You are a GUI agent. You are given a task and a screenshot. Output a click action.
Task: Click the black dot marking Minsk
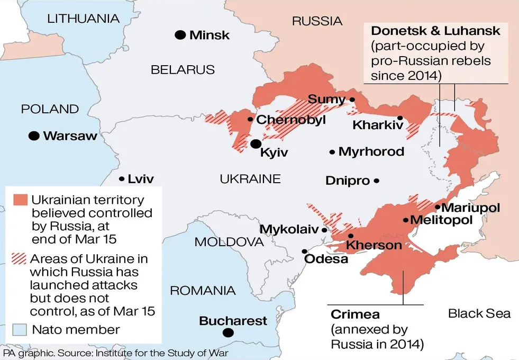pos(180,35)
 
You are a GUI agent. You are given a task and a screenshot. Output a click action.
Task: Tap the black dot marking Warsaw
pos(34,136)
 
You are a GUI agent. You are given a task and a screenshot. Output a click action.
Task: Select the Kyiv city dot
pos(256,143)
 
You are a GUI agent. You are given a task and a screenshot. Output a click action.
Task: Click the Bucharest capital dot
pos(228,332)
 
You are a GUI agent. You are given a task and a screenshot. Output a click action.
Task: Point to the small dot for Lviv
pos(122,179)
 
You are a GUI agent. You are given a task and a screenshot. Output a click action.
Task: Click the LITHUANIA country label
pos(83,19)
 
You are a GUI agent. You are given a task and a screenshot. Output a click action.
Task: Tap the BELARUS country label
pos(183,69)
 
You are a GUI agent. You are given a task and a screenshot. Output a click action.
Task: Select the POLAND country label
pos(50,109)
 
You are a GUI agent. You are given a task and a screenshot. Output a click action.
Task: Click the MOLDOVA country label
pos(229,242)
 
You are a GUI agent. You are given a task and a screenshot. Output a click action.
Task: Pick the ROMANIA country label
pos(203,290)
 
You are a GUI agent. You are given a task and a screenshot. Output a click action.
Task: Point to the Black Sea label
pos(479,313)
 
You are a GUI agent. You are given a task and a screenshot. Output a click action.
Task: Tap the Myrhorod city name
pos(371,152)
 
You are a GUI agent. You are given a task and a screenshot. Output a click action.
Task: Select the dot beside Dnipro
pos(377,181)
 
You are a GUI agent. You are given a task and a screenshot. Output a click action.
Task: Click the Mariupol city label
pos(470,208)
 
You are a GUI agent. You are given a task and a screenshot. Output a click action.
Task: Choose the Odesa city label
pos(326,259)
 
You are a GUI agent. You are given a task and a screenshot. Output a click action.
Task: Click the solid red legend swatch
pos(20,200)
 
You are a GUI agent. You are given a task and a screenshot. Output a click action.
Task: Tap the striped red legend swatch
pos(20,259)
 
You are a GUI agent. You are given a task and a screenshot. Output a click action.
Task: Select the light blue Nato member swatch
pos(20,329)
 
